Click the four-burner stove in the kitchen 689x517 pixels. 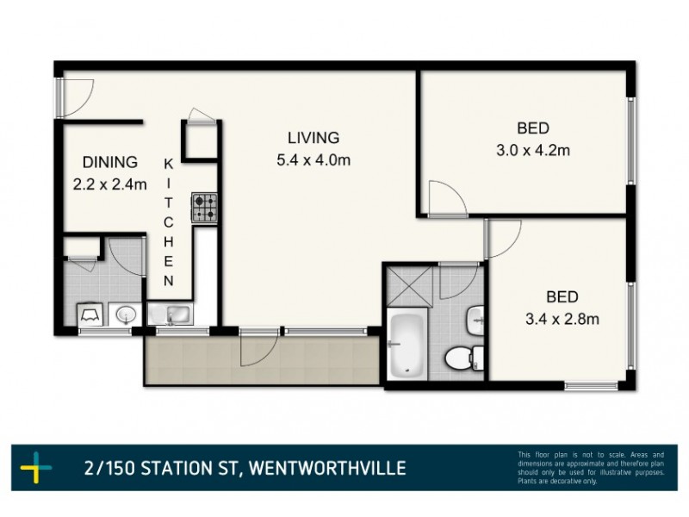205,208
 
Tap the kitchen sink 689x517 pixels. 171,314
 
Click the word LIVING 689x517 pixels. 313,137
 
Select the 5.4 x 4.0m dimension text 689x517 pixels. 313,159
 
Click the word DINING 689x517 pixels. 109,162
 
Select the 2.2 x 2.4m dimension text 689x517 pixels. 109,184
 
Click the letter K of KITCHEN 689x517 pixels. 169,163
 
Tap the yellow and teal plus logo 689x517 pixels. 37,469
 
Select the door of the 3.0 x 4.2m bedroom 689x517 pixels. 447,198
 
